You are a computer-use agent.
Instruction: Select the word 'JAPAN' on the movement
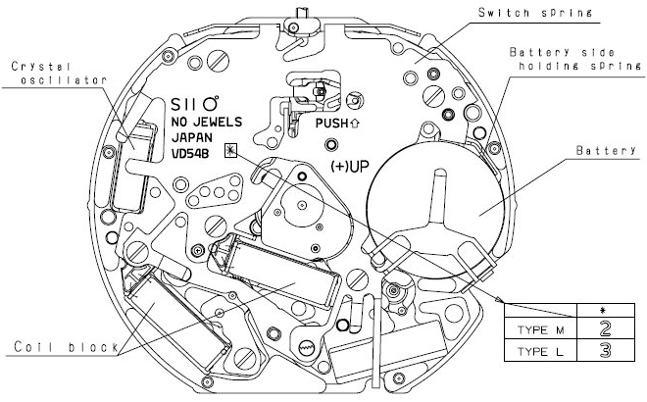193,136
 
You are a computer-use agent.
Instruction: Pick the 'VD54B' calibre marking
194,153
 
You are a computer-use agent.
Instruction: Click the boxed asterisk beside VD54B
230,151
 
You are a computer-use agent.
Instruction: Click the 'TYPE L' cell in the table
536,349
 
